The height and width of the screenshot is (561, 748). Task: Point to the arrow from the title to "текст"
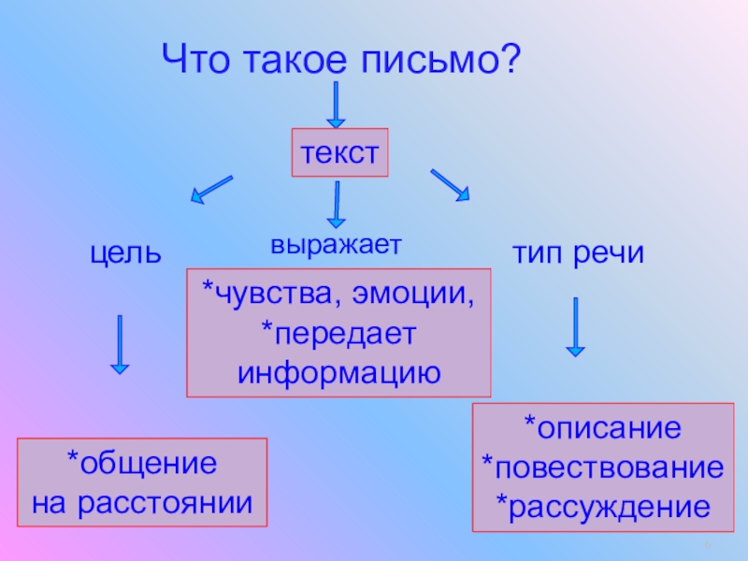pos(335,105)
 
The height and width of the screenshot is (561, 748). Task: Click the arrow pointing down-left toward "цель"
pos(211,188)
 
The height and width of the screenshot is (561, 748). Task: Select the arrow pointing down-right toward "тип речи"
pos(450,185)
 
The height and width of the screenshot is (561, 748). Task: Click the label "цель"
pos(125,252)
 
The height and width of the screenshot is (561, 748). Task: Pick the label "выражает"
pos(336,245)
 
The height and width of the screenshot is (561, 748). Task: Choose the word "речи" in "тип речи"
pos(608,252)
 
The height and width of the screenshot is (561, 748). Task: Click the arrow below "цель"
pos(119,345)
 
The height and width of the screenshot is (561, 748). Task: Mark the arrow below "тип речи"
pos(575,326)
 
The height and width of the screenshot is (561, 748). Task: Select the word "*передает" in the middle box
pos(338,333)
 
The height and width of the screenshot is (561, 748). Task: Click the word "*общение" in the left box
pos(141,465)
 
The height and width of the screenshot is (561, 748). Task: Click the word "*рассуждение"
pos(602,507)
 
